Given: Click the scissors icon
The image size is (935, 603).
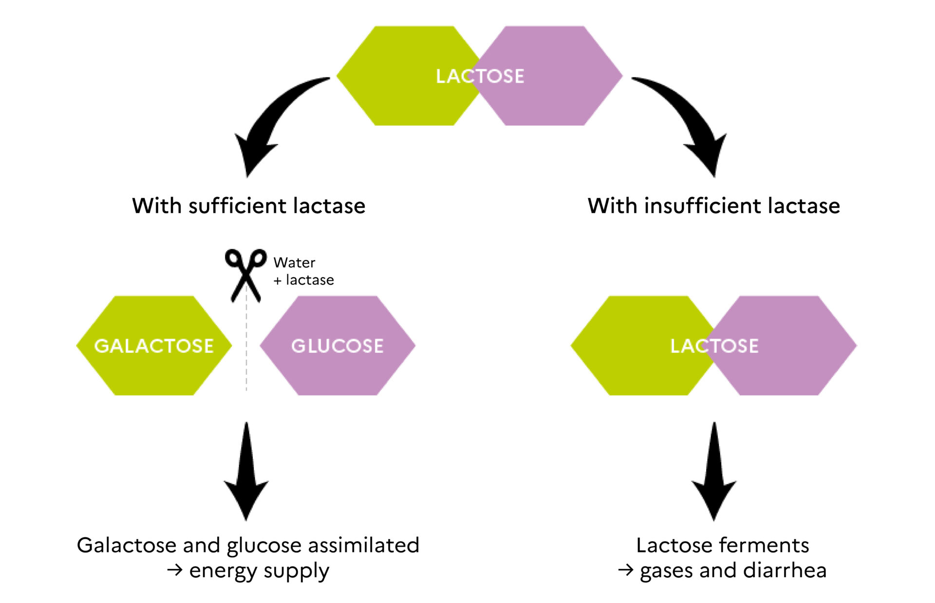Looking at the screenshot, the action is (x=246, y=275).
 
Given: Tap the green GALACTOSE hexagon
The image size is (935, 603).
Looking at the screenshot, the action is (x=154, y=346).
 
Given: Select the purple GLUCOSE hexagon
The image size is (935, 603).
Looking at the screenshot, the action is (x=337, y=346).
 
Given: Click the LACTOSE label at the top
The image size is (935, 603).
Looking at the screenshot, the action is (x=480, y=76).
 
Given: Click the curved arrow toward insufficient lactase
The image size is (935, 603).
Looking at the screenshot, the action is (x=692, y=117).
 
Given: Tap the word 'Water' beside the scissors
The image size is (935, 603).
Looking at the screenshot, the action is (x=294, y=263).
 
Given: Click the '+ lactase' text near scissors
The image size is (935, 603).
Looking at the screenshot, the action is (x=304, y=280).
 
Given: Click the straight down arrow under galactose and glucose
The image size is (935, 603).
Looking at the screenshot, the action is (x=246, y=471).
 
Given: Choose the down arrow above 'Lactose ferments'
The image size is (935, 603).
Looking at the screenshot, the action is (x=714, y=471).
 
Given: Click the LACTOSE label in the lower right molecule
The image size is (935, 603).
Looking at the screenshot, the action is (x=714, y=346).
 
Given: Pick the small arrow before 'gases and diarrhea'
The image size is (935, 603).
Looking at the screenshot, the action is (x=626, y=570).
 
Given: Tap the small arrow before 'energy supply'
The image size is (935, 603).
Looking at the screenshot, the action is (x=175, y=570).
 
